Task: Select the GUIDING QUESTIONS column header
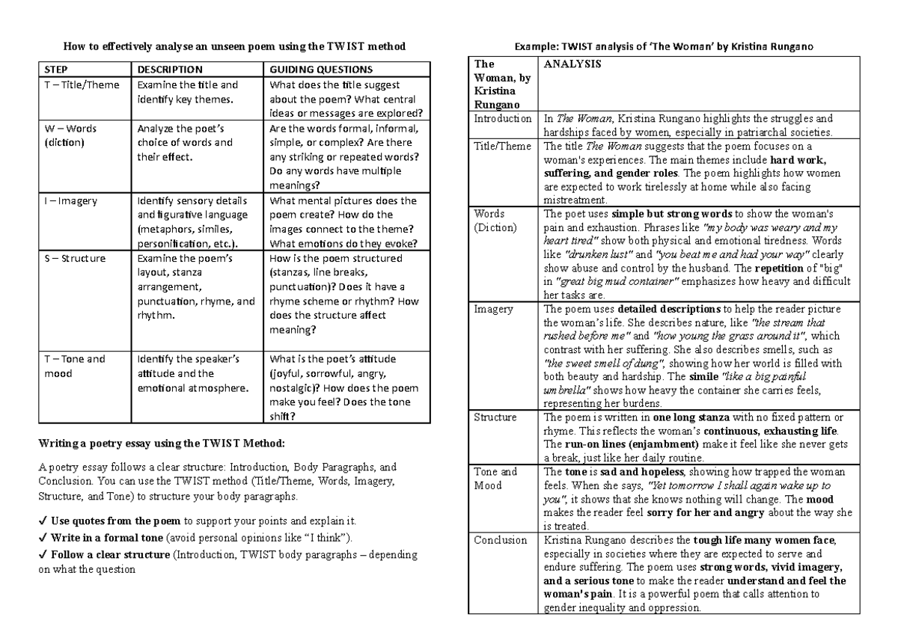320,70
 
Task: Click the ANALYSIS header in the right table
572,64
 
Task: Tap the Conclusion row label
501,540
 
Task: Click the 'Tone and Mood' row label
495,479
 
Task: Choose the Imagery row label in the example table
494,309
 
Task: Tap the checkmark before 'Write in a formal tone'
43,538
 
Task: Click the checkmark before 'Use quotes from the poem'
43,521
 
